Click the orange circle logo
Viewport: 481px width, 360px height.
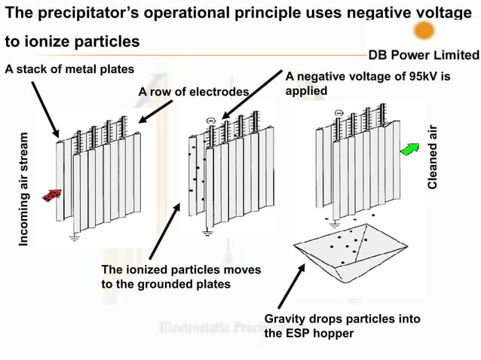(424, 30)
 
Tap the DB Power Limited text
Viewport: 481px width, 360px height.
(424, 55)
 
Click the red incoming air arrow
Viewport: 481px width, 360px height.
(51, 196)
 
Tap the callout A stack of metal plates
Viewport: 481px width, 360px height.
(69, 69)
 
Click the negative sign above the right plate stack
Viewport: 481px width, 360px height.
(339, 114)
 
